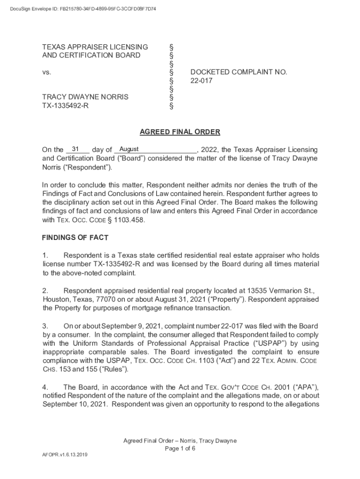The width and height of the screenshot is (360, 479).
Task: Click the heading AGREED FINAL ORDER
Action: pyautogui.click(x=180, y=132)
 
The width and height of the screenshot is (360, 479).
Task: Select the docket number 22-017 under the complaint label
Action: pyautogui.click(x=201, y=80)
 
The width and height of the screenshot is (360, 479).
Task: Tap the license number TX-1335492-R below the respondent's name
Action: pyautogui.click(x=65, y=106)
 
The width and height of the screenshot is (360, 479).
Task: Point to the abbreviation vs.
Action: pyautogui.click(x=46, y=72)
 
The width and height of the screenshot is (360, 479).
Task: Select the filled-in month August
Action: pyautogui.click(x=129, y=149)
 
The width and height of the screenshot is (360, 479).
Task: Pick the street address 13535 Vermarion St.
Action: pyautogui.click(x=271, y=290)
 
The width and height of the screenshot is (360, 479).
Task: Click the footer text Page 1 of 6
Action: pyautogui.click(x=180, y=448)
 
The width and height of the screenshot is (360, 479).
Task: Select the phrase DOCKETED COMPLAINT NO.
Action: pyautogui.click(x=238, y=72)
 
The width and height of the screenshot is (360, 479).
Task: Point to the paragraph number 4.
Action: pyautogui.click(x=45, y=387)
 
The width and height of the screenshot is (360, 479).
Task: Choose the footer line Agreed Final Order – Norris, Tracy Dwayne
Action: pyautogui.click(x=180, y=441)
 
